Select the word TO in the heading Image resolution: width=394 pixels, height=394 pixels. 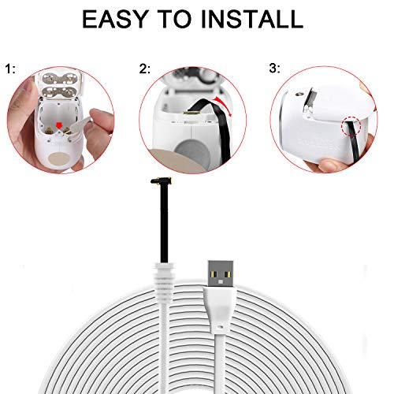173,18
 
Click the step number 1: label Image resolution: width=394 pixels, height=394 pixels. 12,69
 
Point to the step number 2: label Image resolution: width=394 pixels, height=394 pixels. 144,69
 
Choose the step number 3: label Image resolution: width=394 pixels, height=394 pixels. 273,69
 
